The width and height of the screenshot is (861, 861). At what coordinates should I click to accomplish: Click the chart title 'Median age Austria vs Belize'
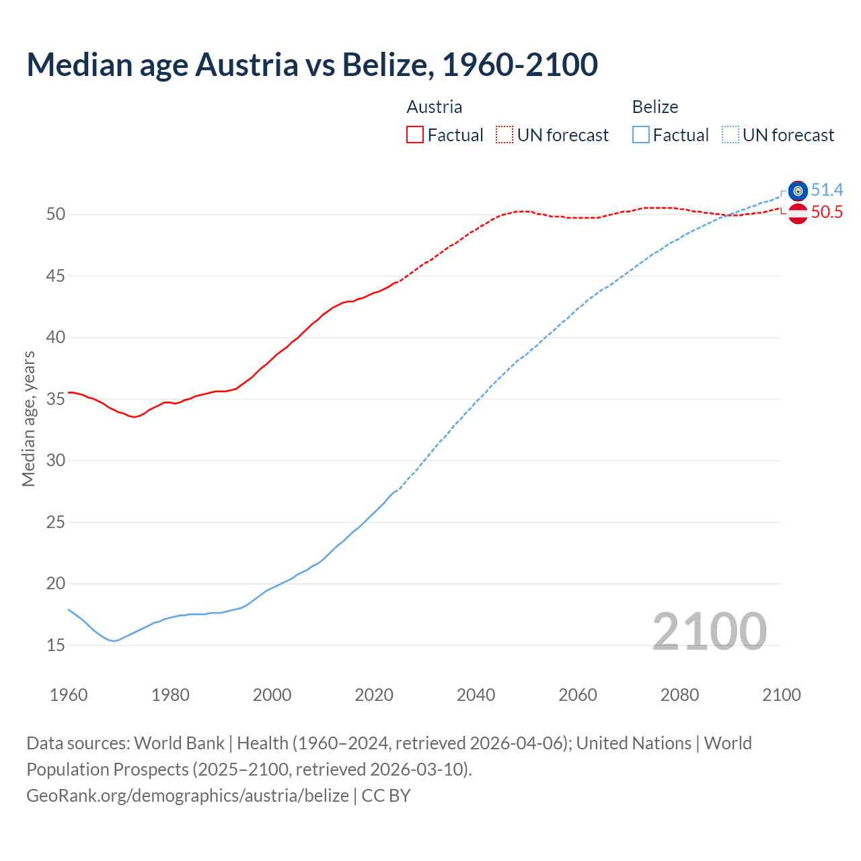coord(311,65)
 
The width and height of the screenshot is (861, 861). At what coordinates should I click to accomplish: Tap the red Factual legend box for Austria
coord(415,135)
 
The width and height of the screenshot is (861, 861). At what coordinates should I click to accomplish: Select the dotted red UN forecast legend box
coord(504,135)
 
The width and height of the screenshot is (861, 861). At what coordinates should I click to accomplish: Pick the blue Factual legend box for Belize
coord(641,135)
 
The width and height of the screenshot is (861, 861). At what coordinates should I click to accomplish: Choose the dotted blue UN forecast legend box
coord(731,135)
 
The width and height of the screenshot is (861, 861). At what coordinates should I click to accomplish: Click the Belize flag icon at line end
coord(798,191)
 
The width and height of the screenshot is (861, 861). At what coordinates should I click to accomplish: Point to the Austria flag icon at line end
coord(798,213)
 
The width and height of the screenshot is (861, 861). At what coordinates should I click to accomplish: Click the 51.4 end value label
coord(827,190)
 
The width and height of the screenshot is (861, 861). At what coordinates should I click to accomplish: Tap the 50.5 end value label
coord(827,213)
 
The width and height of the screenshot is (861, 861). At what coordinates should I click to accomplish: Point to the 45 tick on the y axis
coord(56,276)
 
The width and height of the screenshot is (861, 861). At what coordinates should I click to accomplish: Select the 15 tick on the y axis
coord(56,645)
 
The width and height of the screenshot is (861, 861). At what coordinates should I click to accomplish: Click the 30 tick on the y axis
coord(56,461)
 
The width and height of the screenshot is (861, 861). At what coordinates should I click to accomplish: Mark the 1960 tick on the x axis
coord(69,695)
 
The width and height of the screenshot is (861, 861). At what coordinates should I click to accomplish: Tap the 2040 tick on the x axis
coord(476,695)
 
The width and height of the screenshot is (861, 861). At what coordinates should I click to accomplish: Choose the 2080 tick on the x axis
coord(679,695)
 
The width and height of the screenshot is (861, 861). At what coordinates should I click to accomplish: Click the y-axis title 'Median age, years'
coord(28,418)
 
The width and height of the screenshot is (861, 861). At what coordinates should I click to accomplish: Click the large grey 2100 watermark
coord(709,632)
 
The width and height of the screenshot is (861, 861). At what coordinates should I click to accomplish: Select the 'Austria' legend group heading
coord(435,107)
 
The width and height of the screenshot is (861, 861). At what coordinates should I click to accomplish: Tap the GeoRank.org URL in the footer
coord(188,796)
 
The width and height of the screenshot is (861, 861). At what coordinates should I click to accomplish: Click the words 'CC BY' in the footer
coord(386,796)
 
